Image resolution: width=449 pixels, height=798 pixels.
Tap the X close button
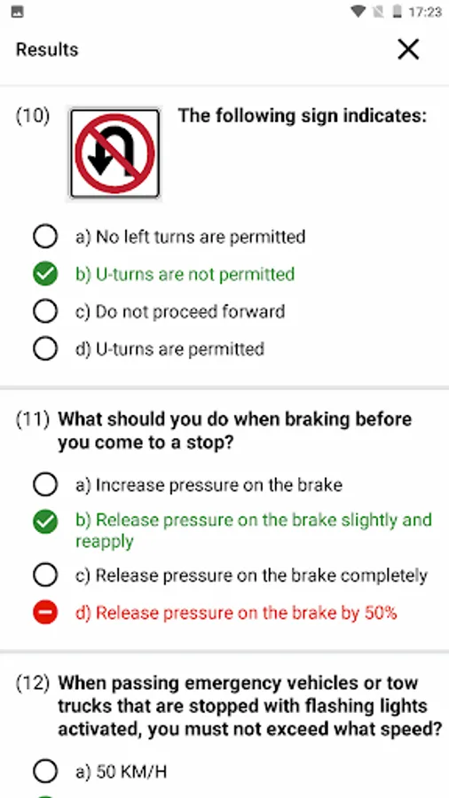pos(408,50)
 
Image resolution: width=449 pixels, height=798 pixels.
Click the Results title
pos(47,50)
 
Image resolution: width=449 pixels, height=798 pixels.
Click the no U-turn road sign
pos(114,153)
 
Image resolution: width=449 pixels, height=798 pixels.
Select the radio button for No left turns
pos(45,237)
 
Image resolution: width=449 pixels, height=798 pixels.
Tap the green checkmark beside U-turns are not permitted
pos(45,274)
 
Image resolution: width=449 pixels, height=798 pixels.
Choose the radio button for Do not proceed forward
pos(45,311)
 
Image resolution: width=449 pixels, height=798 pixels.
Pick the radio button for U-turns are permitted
pos(45,349)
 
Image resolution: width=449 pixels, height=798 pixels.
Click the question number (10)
pos(33,116)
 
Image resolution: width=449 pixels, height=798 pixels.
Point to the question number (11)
pos(33,420)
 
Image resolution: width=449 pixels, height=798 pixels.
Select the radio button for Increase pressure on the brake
pos(45,485)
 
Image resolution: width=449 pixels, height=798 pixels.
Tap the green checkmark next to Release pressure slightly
pos(45,522)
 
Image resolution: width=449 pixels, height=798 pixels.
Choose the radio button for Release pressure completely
pos(45,575)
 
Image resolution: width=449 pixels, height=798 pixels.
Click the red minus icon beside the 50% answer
pos(45,613)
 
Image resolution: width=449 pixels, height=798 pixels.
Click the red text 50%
pos(381,613)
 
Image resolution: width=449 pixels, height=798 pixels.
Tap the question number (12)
pos(33,684)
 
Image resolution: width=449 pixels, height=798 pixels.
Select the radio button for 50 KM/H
pos(45,772)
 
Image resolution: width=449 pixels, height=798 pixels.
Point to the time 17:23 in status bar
pos(424,12)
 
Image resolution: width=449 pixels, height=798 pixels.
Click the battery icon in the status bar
pos(398,12)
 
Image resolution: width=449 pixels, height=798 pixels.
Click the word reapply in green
pos(105,542)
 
